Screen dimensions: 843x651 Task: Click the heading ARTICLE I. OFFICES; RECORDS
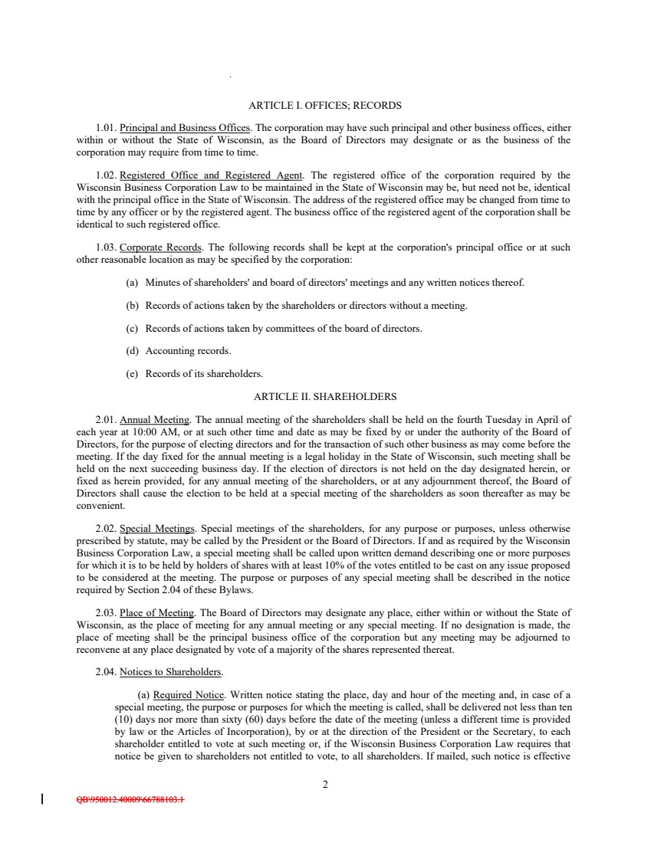[325, 105]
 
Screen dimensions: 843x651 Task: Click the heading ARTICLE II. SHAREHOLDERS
[325, 397]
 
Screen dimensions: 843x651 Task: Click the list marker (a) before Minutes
[131, 283]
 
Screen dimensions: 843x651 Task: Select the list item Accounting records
[188, 351]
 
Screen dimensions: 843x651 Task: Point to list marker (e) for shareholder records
[131, 374]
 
